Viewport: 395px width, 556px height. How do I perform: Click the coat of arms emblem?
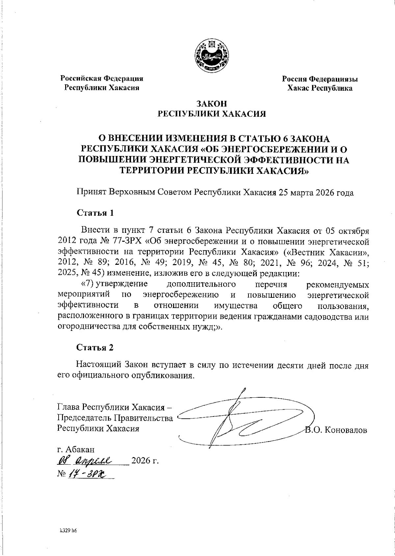pos(212,56)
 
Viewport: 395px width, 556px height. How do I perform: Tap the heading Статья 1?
pos(95,213)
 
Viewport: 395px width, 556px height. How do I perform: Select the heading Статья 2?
pos(95,348)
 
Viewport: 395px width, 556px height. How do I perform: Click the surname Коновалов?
pos(345,430)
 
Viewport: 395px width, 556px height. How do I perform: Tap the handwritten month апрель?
pos(94,460)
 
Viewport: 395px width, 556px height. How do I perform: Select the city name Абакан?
pos(81,449)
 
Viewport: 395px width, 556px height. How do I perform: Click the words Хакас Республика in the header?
pos(320,88)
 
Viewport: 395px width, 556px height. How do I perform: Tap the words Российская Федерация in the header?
pos(102,79)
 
